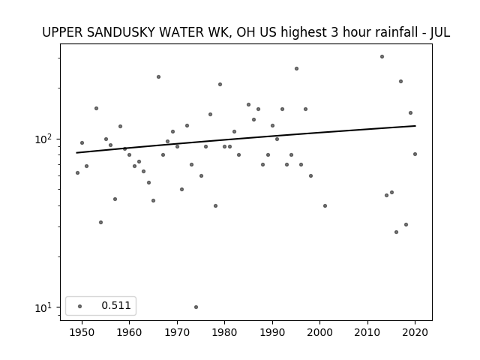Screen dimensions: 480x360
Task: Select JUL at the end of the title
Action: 440,32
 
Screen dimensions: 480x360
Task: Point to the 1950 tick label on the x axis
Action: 82,332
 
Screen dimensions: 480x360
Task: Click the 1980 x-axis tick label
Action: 225,332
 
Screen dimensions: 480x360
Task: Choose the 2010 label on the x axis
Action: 367,332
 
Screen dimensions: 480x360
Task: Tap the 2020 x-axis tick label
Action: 415,332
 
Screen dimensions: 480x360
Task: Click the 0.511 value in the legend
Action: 116,305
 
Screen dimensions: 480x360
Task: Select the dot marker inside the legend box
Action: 80,306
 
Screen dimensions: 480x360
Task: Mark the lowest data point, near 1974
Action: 196,307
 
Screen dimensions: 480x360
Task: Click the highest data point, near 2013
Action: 382,57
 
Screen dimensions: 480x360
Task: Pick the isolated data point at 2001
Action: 325,206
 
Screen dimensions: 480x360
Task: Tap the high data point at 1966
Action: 158,76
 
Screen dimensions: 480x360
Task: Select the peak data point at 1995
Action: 297,68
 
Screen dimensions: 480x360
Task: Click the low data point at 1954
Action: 101,222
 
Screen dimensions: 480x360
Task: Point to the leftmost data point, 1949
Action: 77,173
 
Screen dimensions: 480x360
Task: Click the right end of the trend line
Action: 415,125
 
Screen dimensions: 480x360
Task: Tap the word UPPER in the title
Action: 62,32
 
